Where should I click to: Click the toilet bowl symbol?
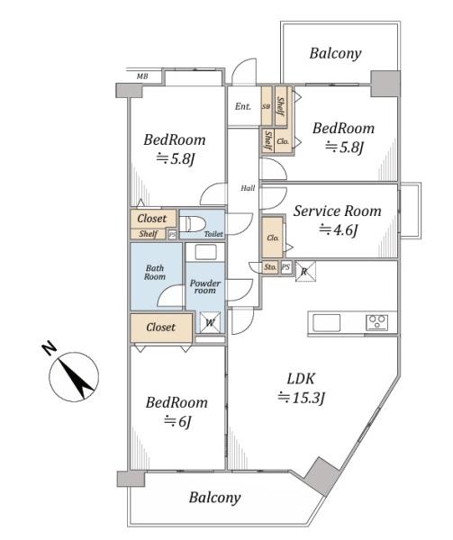pos(192,224)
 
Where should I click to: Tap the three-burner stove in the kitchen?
pos(376,323)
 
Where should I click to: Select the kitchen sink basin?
pos(326,323)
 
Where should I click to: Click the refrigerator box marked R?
pos(305,272)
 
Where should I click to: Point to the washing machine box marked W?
pos(210,322)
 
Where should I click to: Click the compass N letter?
pos(50,348)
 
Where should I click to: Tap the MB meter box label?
pos(142,76)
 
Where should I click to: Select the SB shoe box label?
pos(267,107)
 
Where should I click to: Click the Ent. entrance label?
pos(243,106)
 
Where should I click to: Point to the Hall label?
pos(248,188)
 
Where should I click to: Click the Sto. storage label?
pos(270,267)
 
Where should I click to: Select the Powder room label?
pos(205,286)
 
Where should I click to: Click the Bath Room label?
pos(155,272)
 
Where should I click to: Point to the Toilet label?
pos(213,234)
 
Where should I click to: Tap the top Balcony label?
pos(336,53)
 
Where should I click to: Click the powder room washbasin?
pos(205,252)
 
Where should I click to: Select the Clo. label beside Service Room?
pos(273,238)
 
